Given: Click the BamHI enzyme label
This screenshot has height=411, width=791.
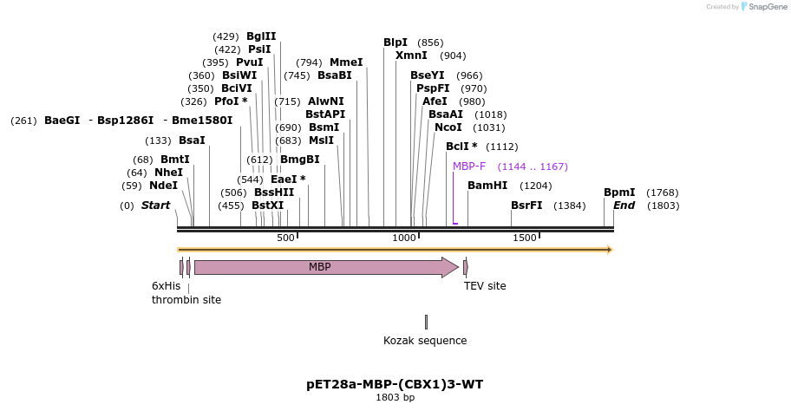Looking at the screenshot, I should pyautogui.click(x=487, y=186).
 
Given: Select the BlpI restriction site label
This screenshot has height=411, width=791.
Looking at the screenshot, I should pyautogui.click(x=395, y=42).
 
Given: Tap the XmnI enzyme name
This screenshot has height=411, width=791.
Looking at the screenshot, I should pyautogui.click(x=411, y=55).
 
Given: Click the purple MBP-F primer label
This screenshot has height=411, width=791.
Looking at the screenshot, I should pyautogui.click(x=469, y=166).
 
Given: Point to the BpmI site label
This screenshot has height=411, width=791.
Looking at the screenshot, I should pyautogui.click(x=619, y=192).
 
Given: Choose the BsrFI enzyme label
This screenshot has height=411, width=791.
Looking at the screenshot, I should pyautogui.click(x=526, y=205).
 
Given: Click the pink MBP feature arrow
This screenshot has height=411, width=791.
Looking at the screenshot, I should pyautogui.click(x=321, y=267).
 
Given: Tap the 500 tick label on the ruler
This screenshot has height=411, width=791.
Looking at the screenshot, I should pyautogui.click(x=286, y=238).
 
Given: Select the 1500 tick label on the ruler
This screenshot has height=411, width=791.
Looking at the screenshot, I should pyautogui.click(x=525, y=238).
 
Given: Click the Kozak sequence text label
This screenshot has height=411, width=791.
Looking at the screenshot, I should pyautogui.click(x=425, y=341).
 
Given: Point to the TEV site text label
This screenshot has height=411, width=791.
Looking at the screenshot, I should pyautogui.click(x=485, y=286).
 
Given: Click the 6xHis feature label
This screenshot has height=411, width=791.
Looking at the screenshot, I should pyautogui.click(x=167, y=286).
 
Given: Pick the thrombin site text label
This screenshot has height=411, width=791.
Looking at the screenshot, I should pyautogui.click(x=186, y=300).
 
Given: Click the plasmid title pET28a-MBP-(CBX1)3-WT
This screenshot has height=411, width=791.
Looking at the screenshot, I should pyautogui.click(x=395, y=383).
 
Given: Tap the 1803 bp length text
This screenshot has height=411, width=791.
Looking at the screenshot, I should pyautogui.click(x=395, y=398).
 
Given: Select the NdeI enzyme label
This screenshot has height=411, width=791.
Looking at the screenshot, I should pyautogui.click(x=163, y=186).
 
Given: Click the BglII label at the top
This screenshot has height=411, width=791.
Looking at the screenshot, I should pyautogui.click(x=261, y=36).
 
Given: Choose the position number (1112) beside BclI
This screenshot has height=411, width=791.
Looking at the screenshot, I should pyautogui.click(x=502, y=147).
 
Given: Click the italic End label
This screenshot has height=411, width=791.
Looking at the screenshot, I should pyautogui.click(x=624, y=205).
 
